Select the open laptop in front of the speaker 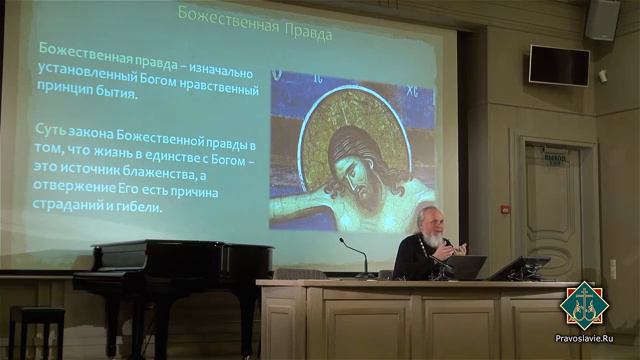click(x=466, y=267)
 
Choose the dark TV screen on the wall click(x=559, y=66)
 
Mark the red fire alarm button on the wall click(x=505, y=209)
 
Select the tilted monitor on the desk click(x=519, y=268)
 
